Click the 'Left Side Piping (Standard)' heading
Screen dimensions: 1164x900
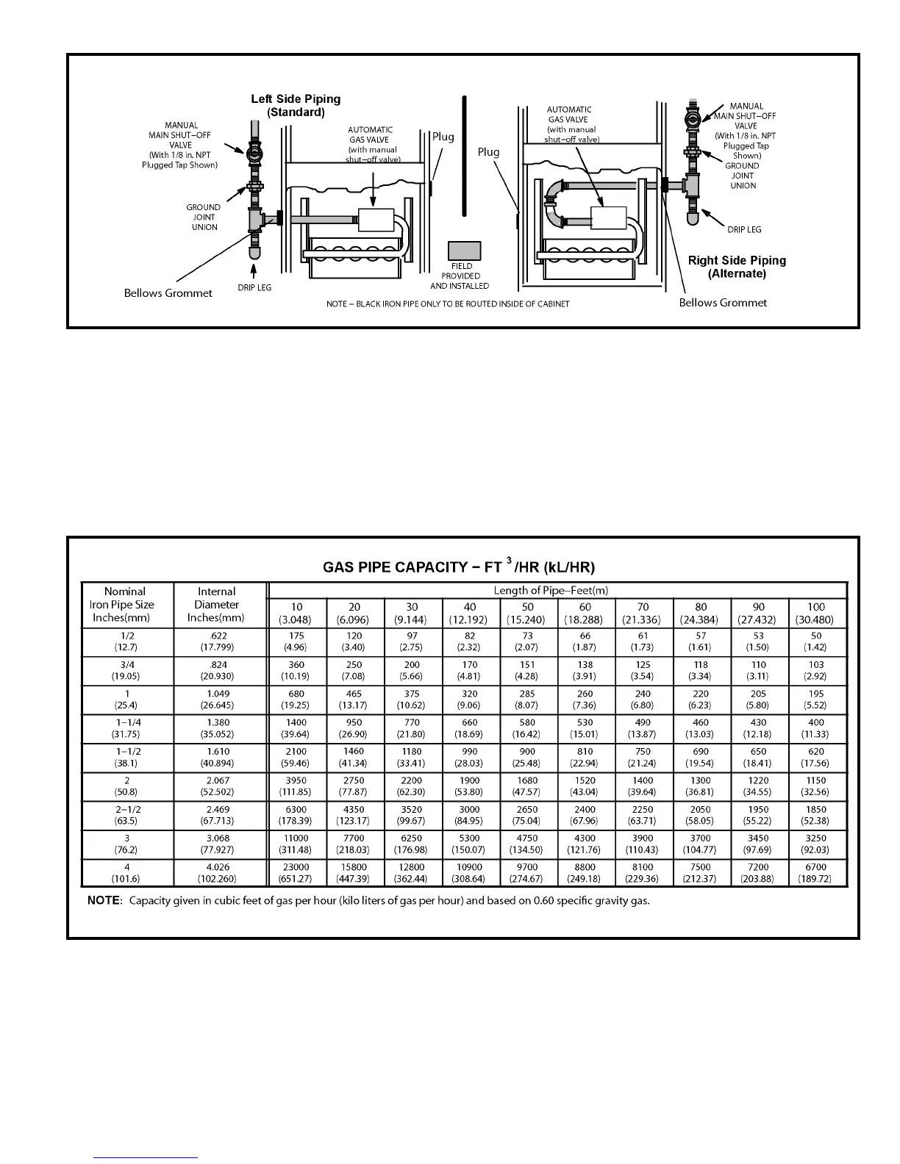[x=296, y=106]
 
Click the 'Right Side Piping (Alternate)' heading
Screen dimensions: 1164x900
[x=737, y=267]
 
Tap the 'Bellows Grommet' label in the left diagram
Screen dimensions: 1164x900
[x=168, y=293]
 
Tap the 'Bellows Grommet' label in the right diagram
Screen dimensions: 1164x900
[x=723, y=303]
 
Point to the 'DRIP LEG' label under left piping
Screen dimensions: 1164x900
[x=254, y=287]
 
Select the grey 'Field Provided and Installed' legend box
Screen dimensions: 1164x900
[x=464, y=251]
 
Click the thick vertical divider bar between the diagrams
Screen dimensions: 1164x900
[x=464, y=156]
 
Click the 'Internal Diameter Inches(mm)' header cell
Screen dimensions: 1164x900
[x=216, y=605]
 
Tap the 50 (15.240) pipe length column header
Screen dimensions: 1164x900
[x=527, y=613]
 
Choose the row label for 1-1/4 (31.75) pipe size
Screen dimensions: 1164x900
[x=128, y=728]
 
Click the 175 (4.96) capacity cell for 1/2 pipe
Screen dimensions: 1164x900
[x=296, y=642]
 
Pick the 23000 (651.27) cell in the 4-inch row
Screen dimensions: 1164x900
[x=296, y=872]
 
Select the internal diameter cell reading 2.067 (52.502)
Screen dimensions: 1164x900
[x=218, y=786]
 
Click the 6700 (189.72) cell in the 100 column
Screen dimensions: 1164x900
[x=816, y=872]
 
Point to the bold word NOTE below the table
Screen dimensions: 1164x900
[x=103, y=901]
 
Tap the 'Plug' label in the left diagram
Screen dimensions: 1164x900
[x=443, y=137]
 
